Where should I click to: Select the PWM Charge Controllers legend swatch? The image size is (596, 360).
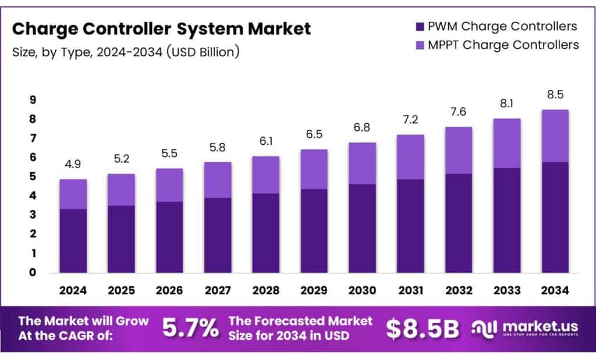point(420,26)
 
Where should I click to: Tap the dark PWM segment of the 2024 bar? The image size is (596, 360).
point(73,240)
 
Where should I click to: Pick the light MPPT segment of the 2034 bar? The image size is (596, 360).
point(555,136)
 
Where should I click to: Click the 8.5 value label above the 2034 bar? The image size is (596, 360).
point(555,95)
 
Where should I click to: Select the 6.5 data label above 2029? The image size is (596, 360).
point(314,135)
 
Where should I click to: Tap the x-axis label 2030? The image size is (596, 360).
point(362,290)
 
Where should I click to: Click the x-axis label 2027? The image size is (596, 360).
point(218,290)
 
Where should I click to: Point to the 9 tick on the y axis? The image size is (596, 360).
point(33,100)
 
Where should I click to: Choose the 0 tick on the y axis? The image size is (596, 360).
point(33,272)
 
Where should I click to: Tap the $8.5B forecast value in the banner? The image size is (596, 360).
point(422,329)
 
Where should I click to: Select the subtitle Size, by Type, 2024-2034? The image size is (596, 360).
point(125,52)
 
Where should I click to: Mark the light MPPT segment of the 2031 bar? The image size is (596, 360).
point(410,157)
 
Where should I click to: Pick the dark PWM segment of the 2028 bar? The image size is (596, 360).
point(266,233)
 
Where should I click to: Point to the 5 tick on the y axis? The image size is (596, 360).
point(33,177)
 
